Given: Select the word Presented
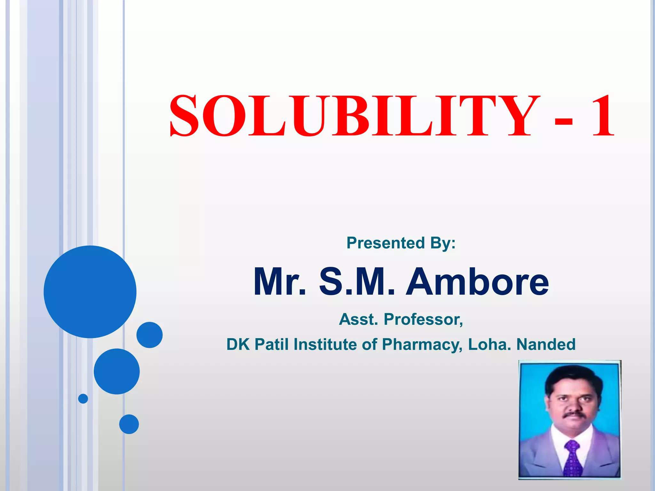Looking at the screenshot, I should tap(385, 243).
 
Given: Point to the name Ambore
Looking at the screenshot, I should tap(477, 282).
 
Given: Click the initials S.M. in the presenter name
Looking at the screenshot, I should tap(357, 282).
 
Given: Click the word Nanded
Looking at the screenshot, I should tap(546, 344).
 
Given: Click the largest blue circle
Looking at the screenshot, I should tap(90, 292).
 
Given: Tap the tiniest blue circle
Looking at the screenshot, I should tap(83, 399).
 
